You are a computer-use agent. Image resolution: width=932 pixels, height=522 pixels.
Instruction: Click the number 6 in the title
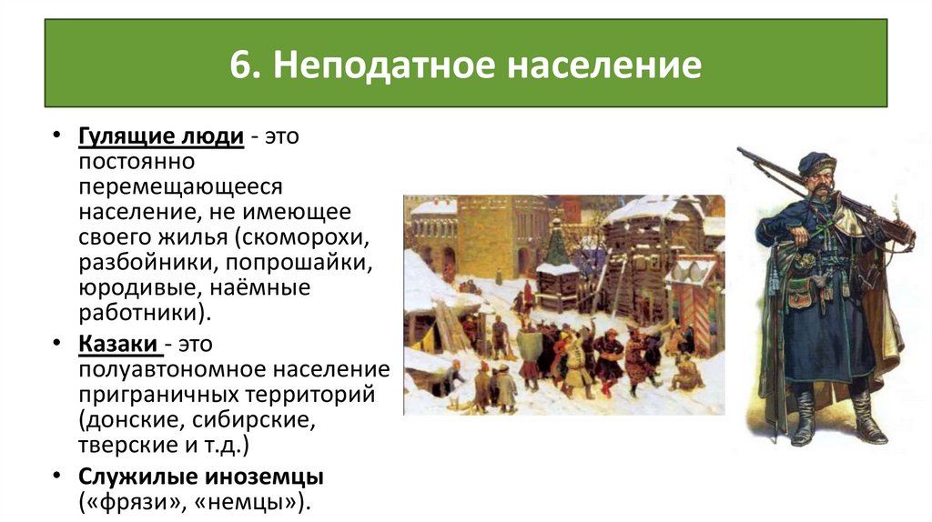[241, 65]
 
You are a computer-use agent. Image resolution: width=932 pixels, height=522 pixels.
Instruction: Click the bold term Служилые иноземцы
[201, 477]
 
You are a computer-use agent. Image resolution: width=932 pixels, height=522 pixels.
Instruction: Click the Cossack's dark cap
[816, 161]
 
